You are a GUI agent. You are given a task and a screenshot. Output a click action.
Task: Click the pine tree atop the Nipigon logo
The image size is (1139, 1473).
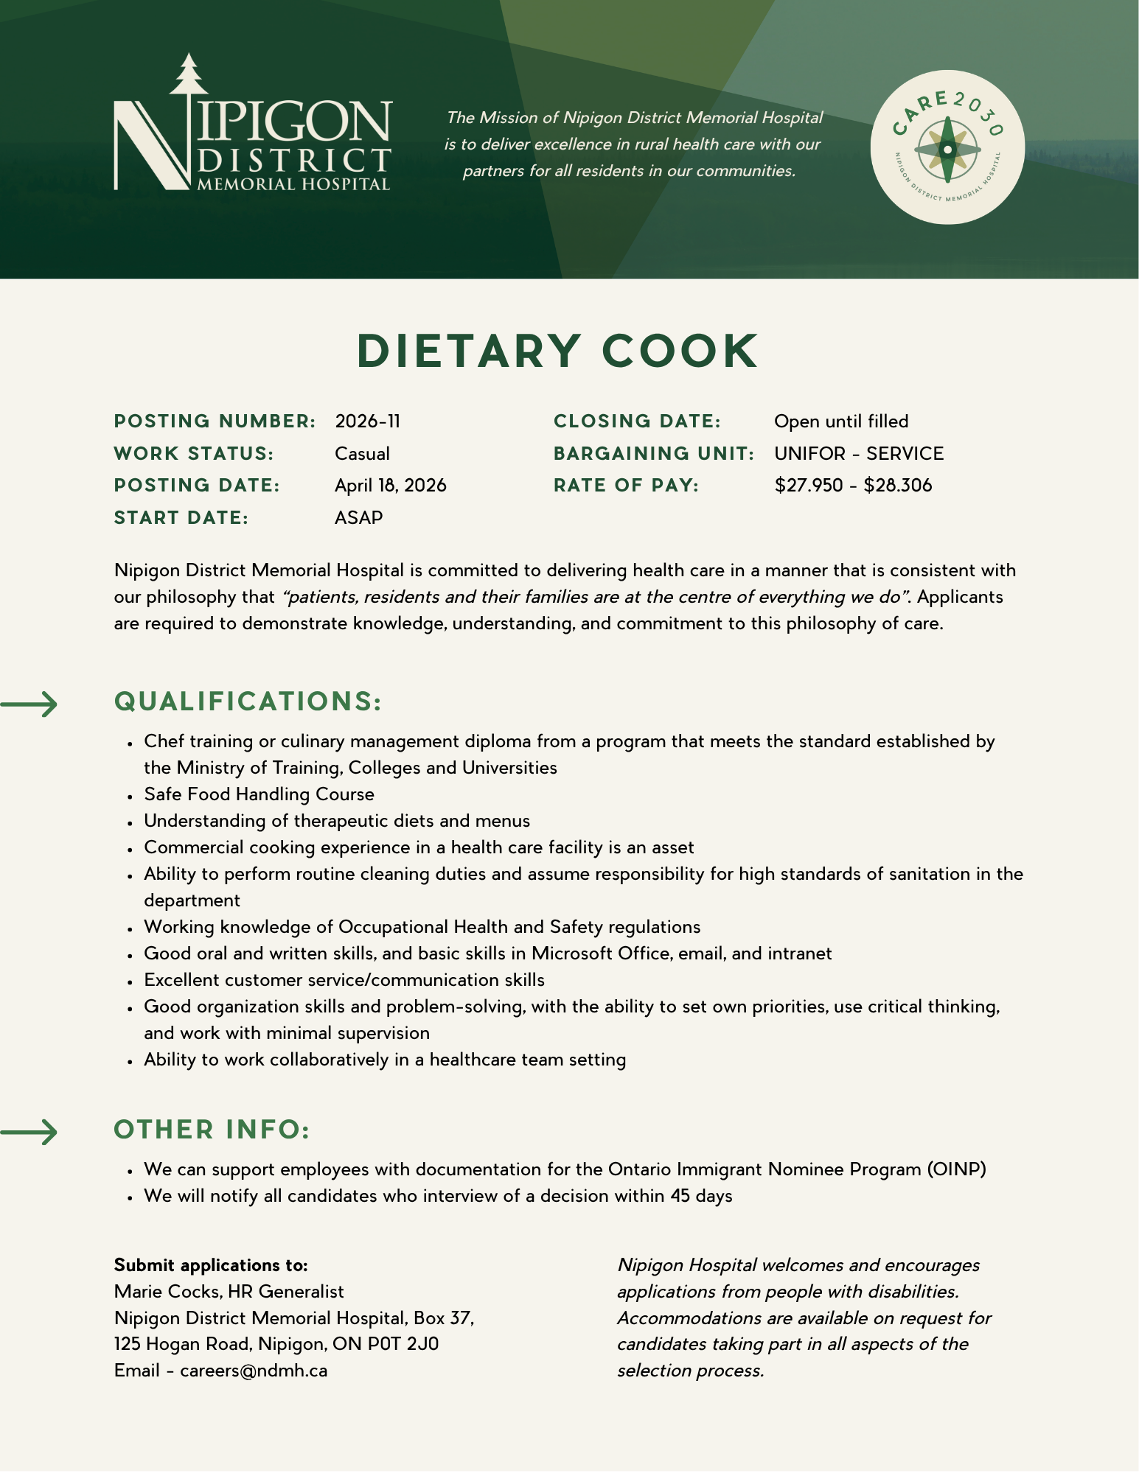[x=189, y=74]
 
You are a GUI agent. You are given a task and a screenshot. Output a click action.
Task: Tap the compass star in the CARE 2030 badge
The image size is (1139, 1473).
[x=947, y=150]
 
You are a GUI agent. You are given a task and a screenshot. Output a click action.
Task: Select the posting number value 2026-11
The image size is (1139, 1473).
[x=367, y=421]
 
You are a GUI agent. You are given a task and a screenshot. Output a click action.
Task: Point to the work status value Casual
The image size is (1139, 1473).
[x=362, y=454]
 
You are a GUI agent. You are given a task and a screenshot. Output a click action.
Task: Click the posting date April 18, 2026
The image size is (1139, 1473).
[x=390, y=486]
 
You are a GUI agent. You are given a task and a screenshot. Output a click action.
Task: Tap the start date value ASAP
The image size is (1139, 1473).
[x=358, y=518]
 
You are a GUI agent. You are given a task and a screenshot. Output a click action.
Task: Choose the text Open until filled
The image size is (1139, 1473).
[x=841, y=421]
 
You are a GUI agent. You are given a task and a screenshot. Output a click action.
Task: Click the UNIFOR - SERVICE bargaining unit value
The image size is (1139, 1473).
[x=859, y=454]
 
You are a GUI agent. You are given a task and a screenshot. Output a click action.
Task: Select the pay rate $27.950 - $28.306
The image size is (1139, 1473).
[x=853, y=486]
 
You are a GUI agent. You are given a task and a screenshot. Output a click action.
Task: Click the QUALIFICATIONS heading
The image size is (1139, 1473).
[x=248, y=701]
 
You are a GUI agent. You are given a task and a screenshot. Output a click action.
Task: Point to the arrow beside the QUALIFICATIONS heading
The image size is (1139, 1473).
[x=29, y=704]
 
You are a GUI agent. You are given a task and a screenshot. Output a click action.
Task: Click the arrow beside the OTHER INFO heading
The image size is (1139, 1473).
[x=29, y=1132]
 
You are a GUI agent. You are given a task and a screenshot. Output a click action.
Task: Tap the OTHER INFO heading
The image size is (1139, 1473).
[x=212, y=1130]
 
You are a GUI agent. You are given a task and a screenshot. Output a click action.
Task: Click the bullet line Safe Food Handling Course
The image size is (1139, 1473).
[x=259, y=794]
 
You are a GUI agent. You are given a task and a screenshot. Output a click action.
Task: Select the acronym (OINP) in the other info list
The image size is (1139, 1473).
[x=957, y=1169]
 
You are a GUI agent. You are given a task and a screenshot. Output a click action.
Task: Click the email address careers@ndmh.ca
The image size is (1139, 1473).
[x=254, y=1371]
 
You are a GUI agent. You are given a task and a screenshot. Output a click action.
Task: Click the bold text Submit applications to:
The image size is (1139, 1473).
[x=211, y=1265]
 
